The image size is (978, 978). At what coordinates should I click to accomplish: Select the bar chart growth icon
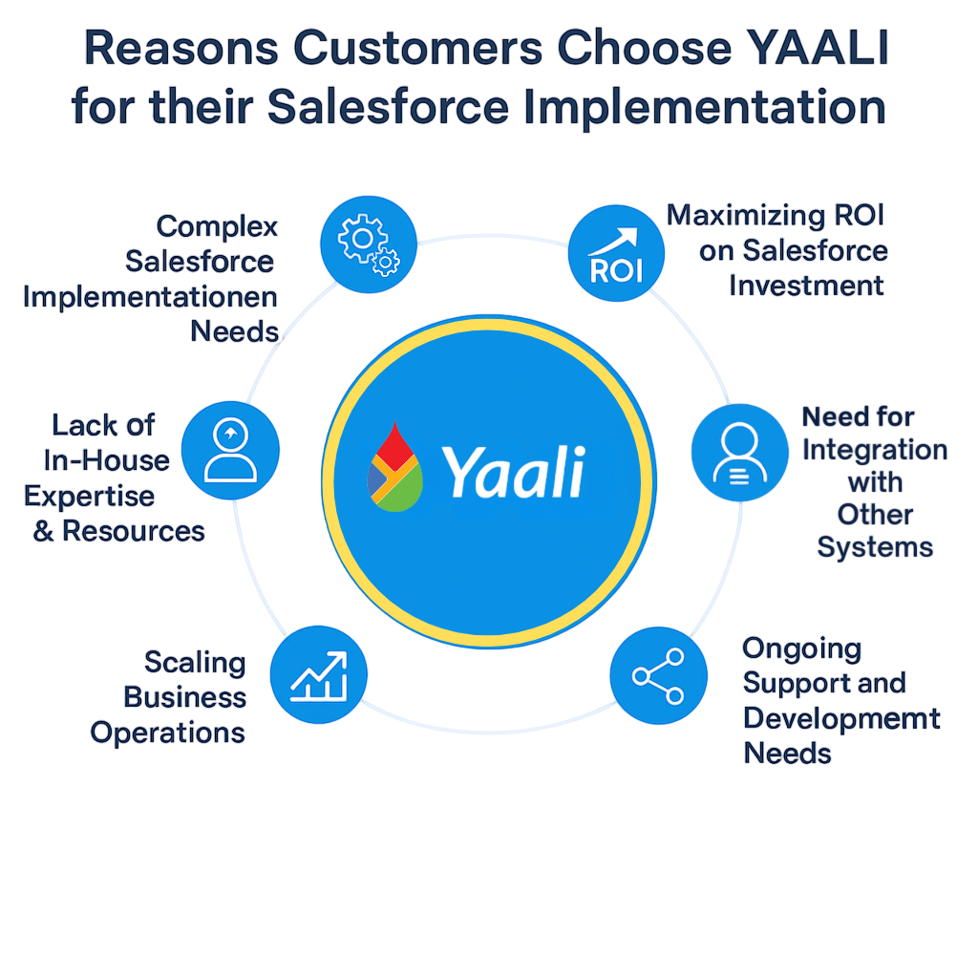pos(319,675)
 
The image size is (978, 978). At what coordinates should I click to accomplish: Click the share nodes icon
pos(658,675)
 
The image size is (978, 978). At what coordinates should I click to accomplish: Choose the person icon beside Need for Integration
pos(739,453)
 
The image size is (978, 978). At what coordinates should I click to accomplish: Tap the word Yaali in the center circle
pos(513,471)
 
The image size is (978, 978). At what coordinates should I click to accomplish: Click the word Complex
pos(217,226)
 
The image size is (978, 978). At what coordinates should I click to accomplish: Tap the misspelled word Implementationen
pos(150,296)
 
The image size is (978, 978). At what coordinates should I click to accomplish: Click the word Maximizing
pos(744,216)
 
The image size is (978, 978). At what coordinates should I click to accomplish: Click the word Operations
pos(168,733)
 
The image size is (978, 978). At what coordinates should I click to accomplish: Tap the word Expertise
pos(89,496)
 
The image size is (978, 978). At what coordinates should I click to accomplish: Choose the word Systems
pos(874,547)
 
